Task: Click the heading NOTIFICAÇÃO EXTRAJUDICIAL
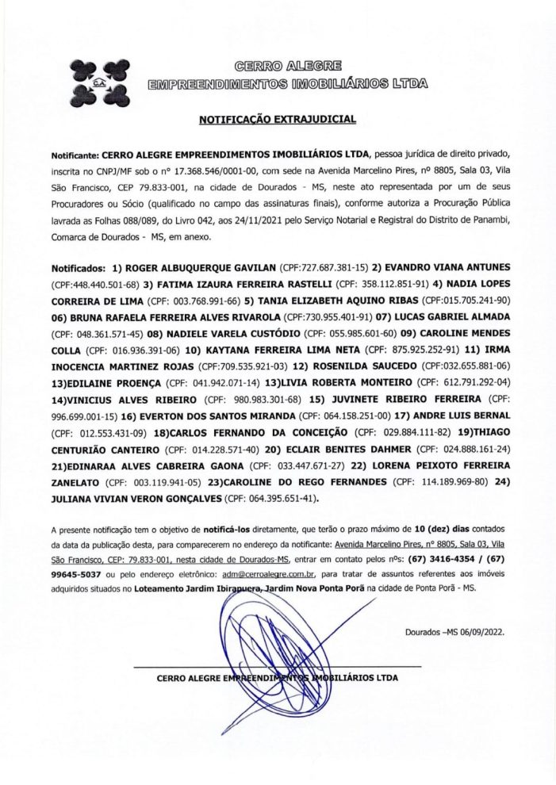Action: [277, 120]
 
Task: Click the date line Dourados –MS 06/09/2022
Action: [454, 633]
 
